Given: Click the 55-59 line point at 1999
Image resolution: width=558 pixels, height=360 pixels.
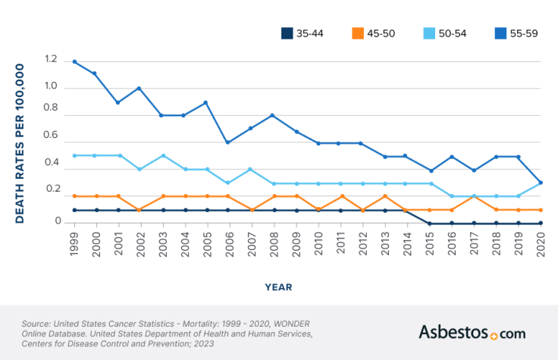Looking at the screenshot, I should click(74, 62).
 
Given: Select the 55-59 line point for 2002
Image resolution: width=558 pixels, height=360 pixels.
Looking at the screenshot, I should click(139, 89).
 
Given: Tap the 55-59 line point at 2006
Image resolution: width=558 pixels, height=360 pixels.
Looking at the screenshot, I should click(228, 142).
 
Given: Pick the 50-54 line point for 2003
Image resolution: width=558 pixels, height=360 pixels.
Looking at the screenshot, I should click(161, 155).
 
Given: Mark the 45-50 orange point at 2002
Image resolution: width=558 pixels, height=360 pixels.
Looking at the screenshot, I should click(139, 210).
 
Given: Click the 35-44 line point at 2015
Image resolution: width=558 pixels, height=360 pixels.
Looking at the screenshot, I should click(429, 224).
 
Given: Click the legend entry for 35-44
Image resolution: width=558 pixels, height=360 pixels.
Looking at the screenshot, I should click(303, 33).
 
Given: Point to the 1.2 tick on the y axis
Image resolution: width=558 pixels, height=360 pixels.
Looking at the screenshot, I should click(51, 59).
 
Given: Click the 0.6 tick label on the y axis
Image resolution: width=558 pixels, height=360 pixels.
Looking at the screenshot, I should click(51, 136).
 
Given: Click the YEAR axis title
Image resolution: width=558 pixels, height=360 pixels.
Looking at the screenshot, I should click(279, 287).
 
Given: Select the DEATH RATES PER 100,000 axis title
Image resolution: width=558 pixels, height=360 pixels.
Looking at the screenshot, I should click(20, 142).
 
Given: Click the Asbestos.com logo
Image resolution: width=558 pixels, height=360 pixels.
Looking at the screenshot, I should click(472, 332).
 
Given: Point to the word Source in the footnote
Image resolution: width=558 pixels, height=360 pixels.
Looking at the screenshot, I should click(39, 324).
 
